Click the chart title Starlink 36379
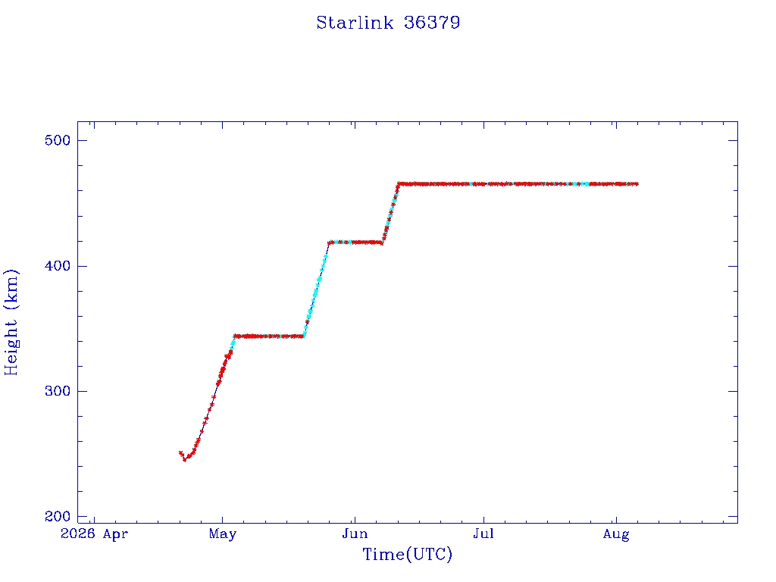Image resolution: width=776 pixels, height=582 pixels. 388,23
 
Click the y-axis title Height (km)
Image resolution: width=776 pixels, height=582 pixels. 11,322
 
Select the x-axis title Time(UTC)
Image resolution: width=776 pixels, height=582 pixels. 407,554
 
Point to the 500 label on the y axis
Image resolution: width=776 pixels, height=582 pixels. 58,140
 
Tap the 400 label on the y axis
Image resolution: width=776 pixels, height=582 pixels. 58,266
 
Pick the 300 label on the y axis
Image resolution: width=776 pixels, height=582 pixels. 58,392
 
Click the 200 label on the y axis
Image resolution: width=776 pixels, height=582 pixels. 58,517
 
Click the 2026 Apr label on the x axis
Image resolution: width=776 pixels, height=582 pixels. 94,534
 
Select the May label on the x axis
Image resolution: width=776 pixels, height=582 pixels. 223,534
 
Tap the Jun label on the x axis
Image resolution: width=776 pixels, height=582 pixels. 355,534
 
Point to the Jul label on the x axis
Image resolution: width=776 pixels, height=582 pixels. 483,534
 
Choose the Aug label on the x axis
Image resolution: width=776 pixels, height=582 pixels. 616,534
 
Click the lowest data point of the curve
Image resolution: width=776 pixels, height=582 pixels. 185,460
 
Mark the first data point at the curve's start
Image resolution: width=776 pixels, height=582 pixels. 180,453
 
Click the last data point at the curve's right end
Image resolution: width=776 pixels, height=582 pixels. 637,184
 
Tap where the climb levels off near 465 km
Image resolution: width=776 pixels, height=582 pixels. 399,183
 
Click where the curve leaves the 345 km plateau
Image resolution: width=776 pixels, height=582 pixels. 303,336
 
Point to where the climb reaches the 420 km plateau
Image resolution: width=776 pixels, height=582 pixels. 329,242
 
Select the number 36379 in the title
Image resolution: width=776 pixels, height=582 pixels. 432,23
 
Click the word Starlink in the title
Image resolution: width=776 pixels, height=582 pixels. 355,23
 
